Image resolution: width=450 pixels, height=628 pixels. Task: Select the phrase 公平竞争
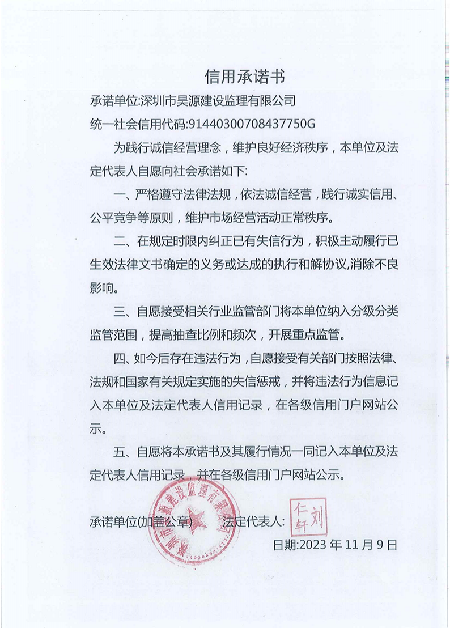[113, 218]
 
